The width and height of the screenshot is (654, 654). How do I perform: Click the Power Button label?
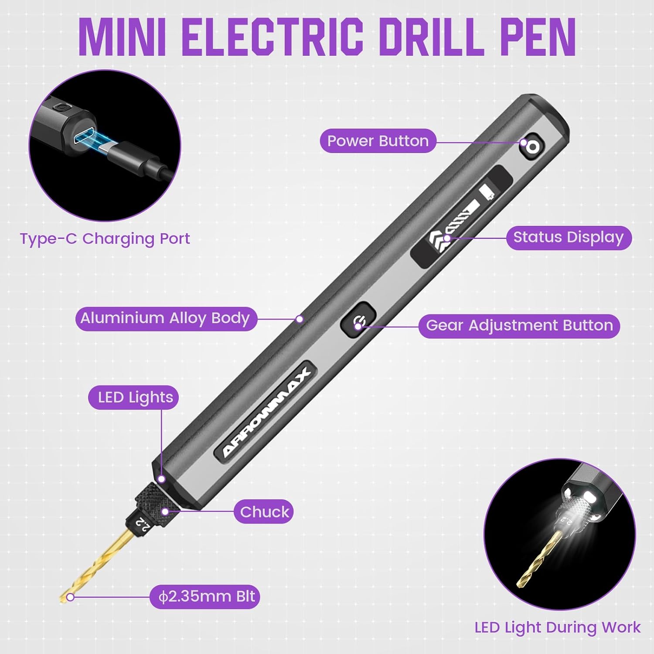click(378, 141)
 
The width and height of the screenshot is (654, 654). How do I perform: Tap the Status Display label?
click(568, 238)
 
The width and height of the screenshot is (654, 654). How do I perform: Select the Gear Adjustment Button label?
click(519, 326)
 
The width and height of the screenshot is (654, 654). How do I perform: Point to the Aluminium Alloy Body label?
click(165, 318)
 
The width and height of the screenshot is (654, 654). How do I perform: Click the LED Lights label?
click(135, 398)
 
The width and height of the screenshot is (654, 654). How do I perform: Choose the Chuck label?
click(264, 512)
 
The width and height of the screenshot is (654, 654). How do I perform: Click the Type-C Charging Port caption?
click(105, 239)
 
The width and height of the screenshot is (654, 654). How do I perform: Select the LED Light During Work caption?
click(558, 627)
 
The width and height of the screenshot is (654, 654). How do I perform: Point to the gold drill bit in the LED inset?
click(538, 558)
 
